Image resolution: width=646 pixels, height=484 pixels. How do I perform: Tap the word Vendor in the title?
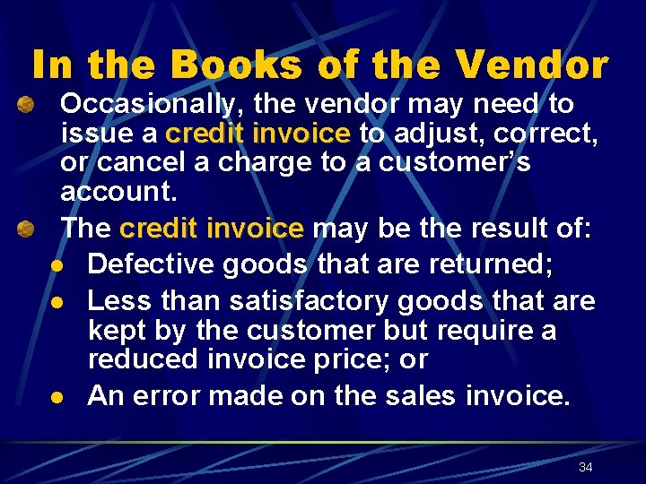(532, 65)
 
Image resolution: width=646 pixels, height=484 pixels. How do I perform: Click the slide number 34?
(586, 467)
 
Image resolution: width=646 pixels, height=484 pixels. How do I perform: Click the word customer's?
(454, 164)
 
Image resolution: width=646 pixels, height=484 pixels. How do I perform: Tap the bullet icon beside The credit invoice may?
(28, 230)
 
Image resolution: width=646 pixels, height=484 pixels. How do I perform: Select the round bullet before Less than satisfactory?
(56, 300)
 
